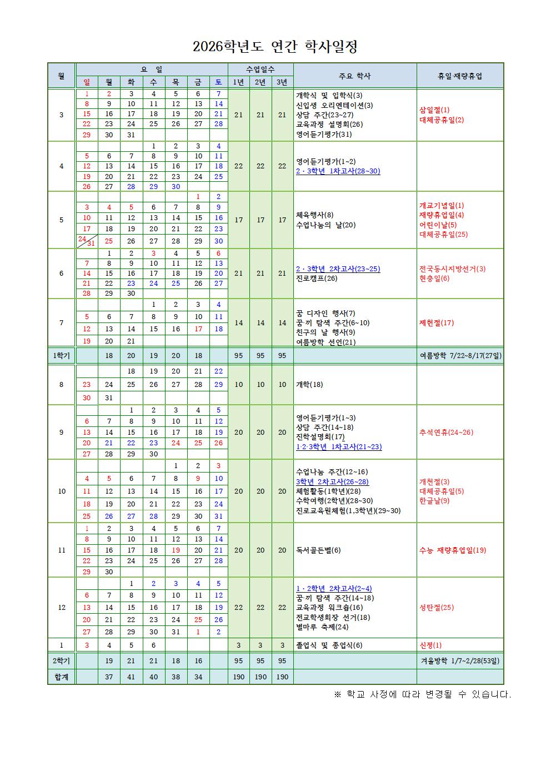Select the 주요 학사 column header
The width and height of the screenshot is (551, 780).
354,76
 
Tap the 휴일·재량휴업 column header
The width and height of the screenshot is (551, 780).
460,76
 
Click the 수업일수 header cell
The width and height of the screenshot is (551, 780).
260,69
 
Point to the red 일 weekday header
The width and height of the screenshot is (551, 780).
87,82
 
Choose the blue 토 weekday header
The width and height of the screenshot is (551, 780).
219,82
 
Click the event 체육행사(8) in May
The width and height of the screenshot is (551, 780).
315,215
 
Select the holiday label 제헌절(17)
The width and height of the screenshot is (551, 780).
437,322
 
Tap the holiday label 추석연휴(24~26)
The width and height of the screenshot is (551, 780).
446,432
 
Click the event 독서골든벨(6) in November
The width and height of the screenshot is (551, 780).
318,550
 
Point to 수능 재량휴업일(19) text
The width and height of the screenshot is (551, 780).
453,550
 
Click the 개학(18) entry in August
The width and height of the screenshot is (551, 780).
309,384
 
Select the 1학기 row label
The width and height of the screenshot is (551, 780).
61,355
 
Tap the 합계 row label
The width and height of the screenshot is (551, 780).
61,677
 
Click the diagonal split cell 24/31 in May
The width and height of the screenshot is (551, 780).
87,241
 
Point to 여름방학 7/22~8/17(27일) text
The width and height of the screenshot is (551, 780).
460,355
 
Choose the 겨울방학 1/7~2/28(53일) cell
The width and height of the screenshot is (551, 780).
460,661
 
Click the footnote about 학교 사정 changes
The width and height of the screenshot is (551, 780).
422,694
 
